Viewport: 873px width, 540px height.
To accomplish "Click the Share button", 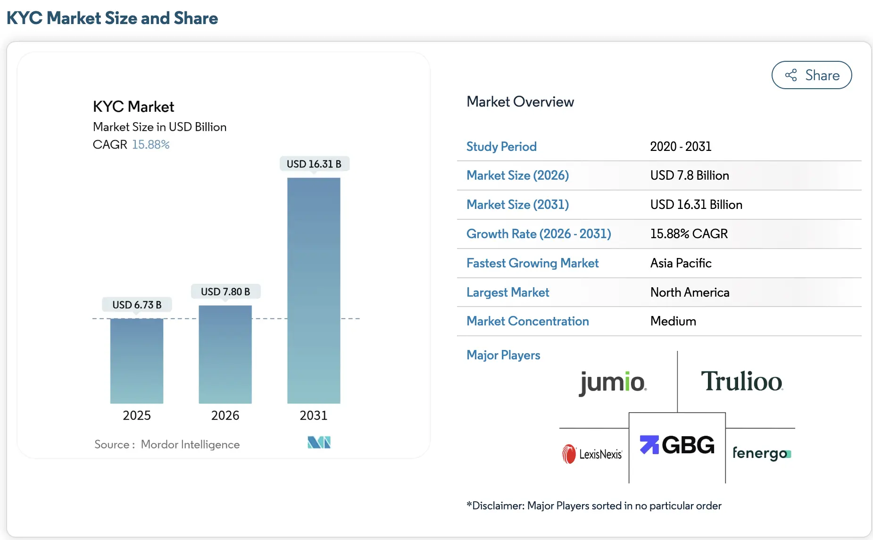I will pyautogui.click(x=811, y=75).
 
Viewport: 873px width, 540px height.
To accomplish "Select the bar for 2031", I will pyautogui.click(x=314, y=290).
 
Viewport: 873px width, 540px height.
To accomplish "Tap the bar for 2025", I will pyautogui.click(x=137, y=361).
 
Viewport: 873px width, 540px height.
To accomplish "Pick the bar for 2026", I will pyautogui.click(x=225, y=354).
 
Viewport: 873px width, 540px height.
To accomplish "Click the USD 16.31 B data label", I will pyautogui.click(x=314, y=164).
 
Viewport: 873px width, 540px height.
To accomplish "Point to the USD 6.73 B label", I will pyautogui.click(x=137, y=305).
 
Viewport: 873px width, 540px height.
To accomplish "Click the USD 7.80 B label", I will pyautogui.click(x=225, y=291).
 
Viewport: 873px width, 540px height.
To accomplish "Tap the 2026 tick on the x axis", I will pyautogui.click(x=225, y=415).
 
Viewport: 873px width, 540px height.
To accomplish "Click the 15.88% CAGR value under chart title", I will pyautogui.click(x=150, y=144).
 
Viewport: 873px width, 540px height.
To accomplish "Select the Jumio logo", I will pyautogui.click(x=612, y=382).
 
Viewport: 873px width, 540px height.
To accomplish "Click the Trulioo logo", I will pyautogui.click(x=741, y=381).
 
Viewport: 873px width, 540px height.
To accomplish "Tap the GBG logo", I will pyautogui.click(x=677, y=445).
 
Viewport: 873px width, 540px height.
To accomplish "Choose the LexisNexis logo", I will pyautogui.click(x=592, y=454).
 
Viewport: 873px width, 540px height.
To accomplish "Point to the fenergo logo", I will pyautogui.click(x=761, y=453).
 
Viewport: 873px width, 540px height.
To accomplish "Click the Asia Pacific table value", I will pyautogui.click(x=681, y=263).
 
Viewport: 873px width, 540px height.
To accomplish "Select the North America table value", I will pyautogui.click(x=690, y=292).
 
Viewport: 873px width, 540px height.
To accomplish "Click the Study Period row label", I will pyautogui.click(x=501, y=147).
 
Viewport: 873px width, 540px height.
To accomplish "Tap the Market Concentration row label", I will pyautogui.click(x=527, y=321).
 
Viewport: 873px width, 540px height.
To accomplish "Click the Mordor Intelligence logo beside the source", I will pyautogui.click(x=319, y=442).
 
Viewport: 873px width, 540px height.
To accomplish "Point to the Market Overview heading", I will pyautogui.click(x=520, y=102).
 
